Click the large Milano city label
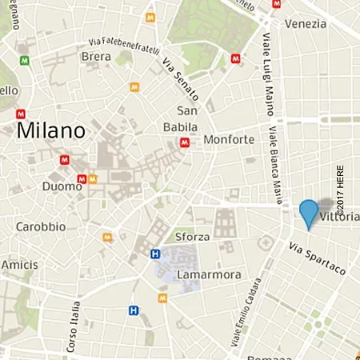(x=50, y=130)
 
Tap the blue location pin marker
(x=309, y=214)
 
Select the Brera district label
(x=96, y=56)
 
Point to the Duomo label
(x=61, y=186)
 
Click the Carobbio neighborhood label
(x=41, y=226)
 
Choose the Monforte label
(x=229, y=139)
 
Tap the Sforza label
(x=192, y=237)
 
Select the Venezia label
(x=305, y=23)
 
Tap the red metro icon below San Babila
(x=185, y=143)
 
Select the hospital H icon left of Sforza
(x=155, y=254)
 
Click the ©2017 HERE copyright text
(x=340, y=192)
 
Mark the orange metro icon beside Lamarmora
(x=163, y=298)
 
